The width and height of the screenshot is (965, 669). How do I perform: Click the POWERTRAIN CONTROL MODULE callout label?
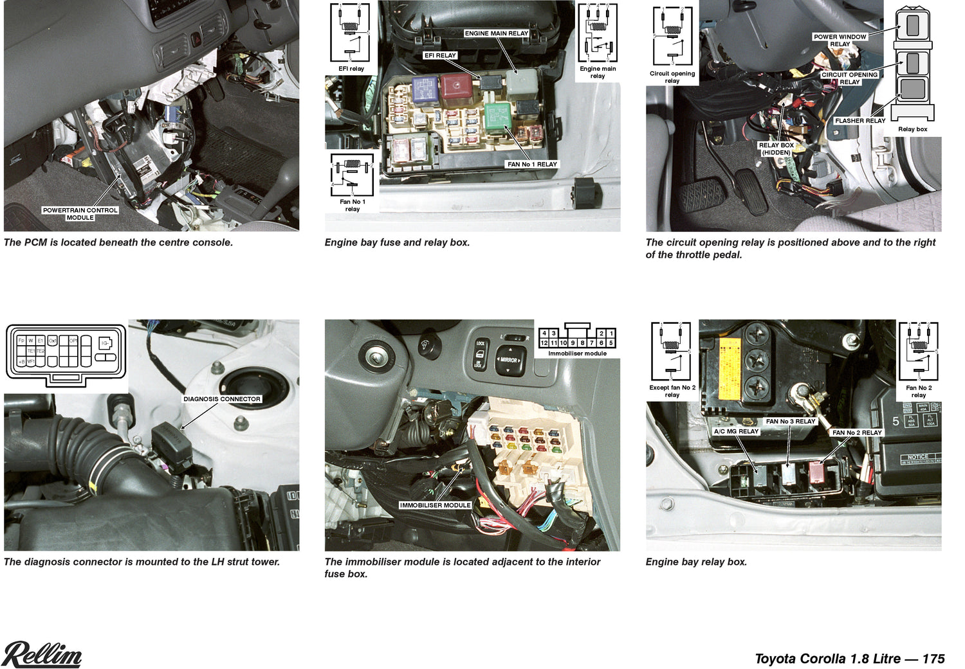click(80, 214)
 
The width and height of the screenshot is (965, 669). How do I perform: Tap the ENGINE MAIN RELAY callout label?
click(496, 33)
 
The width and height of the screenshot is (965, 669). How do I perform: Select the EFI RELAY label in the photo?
click(440, 55)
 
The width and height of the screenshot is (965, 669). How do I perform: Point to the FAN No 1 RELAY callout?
click(532, 165)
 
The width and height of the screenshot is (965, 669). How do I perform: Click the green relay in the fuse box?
click(497, 116)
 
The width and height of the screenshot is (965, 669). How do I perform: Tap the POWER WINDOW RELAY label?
click(840, 40)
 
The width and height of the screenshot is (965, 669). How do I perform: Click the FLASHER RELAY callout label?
click(859, 121)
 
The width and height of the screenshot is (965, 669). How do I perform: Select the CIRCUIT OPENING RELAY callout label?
click(849, 78)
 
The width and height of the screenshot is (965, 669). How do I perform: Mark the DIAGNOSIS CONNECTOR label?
click(222, 399)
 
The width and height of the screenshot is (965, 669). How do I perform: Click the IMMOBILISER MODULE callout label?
click(436, 505)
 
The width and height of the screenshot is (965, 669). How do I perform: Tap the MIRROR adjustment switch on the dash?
click(510, 360)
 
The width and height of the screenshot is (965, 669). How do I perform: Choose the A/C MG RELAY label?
click(736, 432)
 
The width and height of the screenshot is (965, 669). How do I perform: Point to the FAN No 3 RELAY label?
click(790, 422)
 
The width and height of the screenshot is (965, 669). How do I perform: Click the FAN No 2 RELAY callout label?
click(857, 433)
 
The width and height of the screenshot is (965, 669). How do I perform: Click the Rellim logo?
click(42, 654)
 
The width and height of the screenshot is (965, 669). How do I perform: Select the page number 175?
click(933, 659)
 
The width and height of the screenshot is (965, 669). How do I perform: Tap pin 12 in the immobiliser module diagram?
click(544, 343)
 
